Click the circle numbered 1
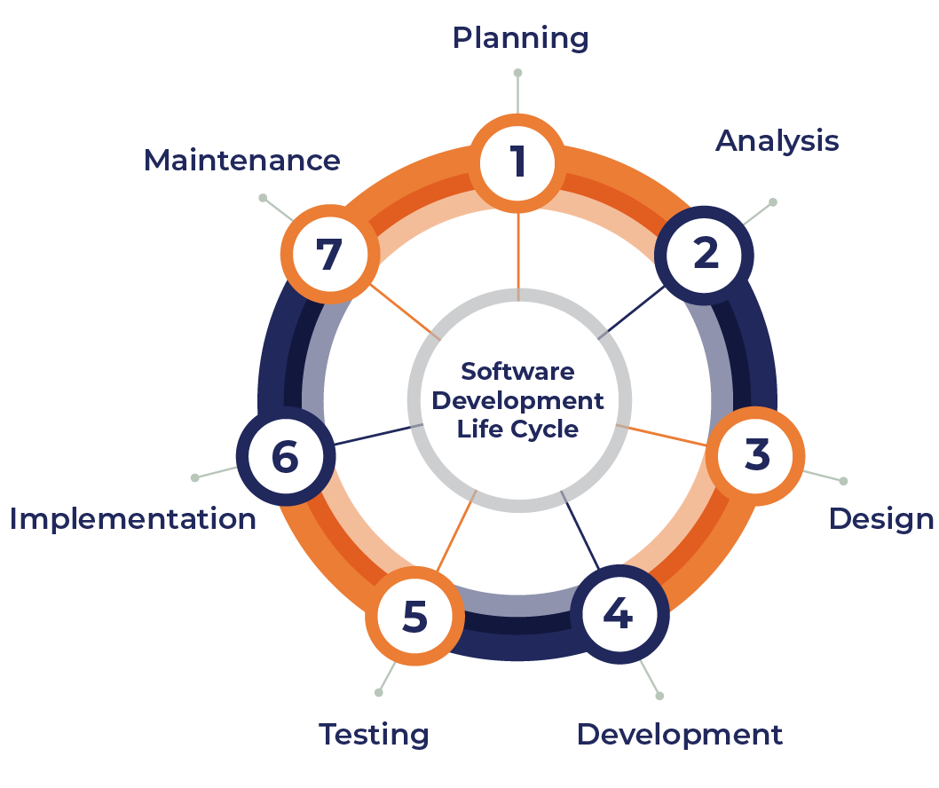coord(517,163)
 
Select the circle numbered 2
coord(705,255)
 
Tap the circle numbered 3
coord(757,454)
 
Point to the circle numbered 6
coord(285,457)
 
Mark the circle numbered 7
coord(327,256)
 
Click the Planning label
coord(520,39)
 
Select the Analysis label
coord(777,140)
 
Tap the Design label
coord(880,519)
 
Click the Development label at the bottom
coord(680,735)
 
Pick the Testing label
coord(374,735)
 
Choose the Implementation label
coord(133,519)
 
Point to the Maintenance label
coord(241,161)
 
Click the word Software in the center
coord(518,371)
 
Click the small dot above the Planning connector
coord(517,73)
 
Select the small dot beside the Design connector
coord(843,481)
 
